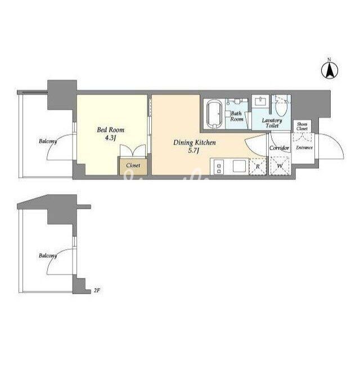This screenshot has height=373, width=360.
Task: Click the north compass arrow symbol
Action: coord(329,69)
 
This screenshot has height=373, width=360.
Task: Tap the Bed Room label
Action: coord(111,130)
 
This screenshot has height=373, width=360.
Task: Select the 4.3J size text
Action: coord(110,138)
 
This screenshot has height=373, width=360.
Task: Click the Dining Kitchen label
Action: coord(195,142)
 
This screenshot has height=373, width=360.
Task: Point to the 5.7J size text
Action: coord(193,151)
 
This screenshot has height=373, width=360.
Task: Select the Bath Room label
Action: coord(237,116)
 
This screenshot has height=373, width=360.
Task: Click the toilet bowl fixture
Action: coord(282,110)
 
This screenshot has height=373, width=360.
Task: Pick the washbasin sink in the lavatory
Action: coord(261,102)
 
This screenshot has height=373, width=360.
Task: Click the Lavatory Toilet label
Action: coord(272,123)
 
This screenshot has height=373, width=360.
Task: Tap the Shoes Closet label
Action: coord(302,127)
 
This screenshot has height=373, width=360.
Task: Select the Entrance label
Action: coord(304,148)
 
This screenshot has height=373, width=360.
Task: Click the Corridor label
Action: coord(279,148)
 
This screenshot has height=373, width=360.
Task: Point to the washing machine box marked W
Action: coord(280,166)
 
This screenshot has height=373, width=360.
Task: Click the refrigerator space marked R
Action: coord(258,167)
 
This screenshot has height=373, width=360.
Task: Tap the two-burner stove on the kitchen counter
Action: coord(218,167)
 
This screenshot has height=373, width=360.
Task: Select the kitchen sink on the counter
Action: coord(238,166)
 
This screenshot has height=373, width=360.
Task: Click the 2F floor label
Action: coord(97,290)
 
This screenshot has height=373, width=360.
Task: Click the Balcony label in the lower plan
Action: coord(48,256)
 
